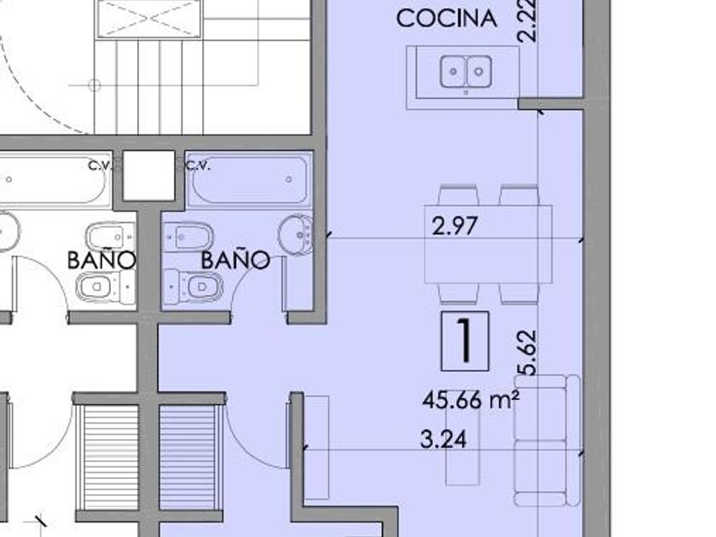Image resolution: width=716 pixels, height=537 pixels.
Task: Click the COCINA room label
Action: pyautogui.click(x=446, y=18)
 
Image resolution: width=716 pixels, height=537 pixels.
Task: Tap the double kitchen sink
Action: pyautogui.click(x=465, y=72)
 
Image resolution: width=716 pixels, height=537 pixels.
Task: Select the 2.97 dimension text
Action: pyautogui.click(x=455, y=226)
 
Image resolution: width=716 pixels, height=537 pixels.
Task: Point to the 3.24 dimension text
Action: pyautogui.click(x=443, y=440)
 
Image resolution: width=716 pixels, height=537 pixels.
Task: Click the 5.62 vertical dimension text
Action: pyautogui.click(x=526, y=352)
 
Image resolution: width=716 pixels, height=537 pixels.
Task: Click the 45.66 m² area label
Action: pyautogui.click(x=471, y=401)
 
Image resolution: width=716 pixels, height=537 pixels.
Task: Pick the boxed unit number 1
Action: pyautogui.click(x=465, y=341)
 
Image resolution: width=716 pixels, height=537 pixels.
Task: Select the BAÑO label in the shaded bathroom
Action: pyautogui.click(x=235, y=259)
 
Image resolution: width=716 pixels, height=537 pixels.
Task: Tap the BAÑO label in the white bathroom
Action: pyautogui.click(x=101, y=259)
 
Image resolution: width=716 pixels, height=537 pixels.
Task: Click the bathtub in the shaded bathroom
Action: pyautogui.click(x=249, y=180)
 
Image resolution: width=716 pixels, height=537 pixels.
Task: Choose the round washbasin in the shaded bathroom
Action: pyautogui.click(x=295, y=234)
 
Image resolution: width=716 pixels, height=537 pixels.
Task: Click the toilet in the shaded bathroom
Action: pyautogui.click(x=193, y=286)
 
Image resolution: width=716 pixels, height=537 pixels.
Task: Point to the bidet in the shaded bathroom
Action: pyautogui.click(x=188, y=237)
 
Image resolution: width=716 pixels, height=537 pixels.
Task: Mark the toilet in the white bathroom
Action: pyautogui.click(x=106, y=287)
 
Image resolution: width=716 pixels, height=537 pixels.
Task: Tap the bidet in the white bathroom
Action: pyautogui.click(x=110, y=237)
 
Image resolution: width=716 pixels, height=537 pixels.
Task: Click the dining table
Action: pyautogui.click(x=488, y=245)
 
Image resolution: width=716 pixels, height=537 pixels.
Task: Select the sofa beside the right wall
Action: pyautogui.click(x=547, y=441)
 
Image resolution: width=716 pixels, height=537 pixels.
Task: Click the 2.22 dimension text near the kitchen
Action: pyautogui.click(x=527, y=21)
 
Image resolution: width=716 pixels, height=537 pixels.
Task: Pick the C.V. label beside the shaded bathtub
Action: pyautogui.click(x=198, y=165)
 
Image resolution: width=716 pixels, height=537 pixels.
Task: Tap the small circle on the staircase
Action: pyautogui.click(x=95, y=85)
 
